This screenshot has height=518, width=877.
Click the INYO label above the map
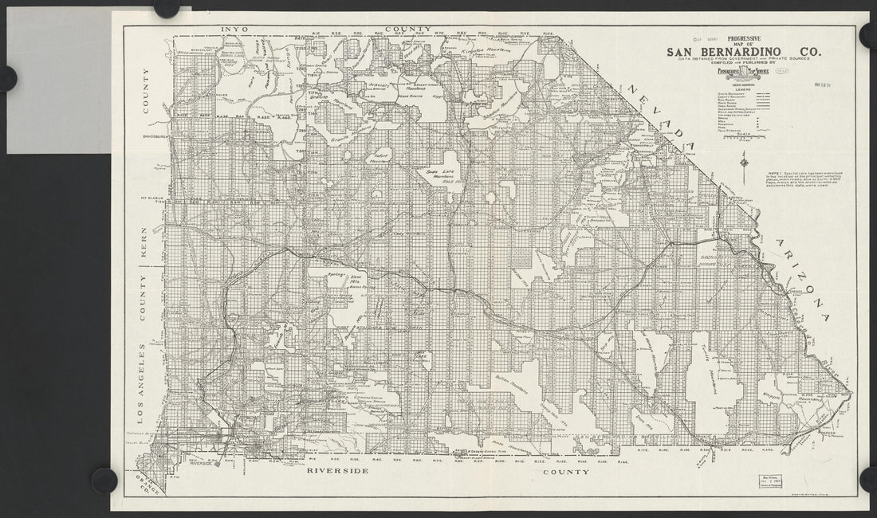click(235, 29)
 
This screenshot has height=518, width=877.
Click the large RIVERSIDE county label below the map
click(337, 472)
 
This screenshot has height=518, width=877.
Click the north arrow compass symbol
click(743, 166)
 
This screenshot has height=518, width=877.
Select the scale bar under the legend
click(741, 137)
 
